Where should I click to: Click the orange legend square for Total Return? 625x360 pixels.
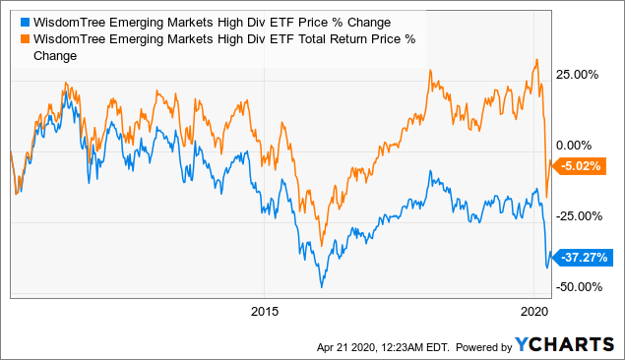click(x=24, y=40)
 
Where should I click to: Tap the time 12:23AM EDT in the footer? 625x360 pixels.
click(x=409, y=345)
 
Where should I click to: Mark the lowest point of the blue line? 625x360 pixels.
click(x=321, y=286)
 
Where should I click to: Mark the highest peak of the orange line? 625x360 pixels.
click(x=535, y=60)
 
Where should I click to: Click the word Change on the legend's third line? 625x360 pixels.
click(x=55, y=57)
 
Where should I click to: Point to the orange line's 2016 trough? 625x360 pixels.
click(x=321, y=246)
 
